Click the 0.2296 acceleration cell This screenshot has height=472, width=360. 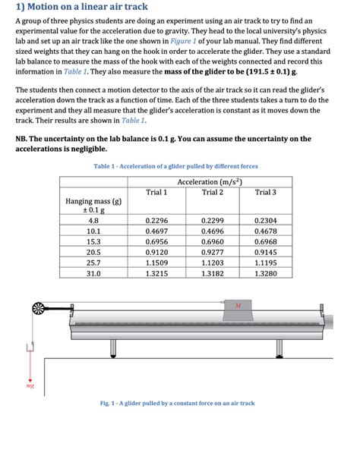click(x=156, y=219)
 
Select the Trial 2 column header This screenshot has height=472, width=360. click(x=212, y=192)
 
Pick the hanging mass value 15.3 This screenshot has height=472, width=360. click(x=93, y=241)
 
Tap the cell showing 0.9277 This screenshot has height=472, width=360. click(x=212, y=251)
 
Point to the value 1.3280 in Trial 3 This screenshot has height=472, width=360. click(x=266, y=272)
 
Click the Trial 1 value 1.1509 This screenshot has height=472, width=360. click(x=156, y=262)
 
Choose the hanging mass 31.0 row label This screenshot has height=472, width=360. click(x=93, y=272)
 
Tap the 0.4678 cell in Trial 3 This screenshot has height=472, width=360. click(x=266, y=230)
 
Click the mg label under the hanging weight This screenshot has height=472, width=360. click(x=30, y=385)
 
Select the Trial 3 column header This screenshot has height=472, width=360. click(x=266, y=192)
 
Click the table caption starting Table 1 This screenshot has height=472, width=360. click(x=175, y=165)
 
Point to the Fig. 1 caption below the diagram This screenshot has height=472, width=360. click(x=177, y=403)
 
